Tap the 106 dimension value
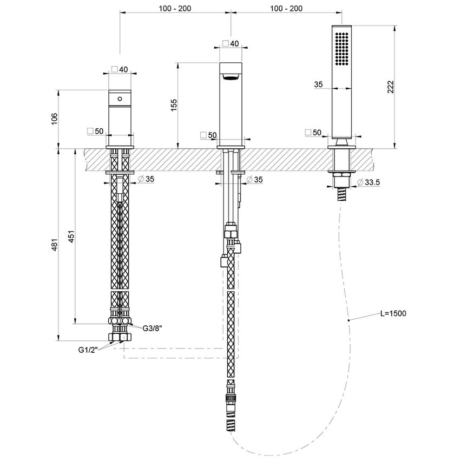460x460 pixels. click(54, 119)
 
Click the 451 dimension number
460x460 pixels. click(71, 238)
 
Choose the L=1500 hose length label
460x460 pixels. click(393, 313)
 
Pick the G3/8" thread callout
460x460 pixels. click(153, 328)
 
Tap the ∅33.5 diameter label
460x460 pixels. click(369, 183)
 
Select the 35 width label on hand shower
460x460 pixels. click(318, 84)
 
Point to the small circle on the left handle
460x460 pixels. click(120, 99)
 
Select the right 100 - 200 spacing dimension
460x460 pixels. click(286, 8)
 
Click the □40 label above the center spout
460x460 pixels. click(231, 44)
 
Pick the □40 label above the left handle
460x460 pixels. click(120, 69)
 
